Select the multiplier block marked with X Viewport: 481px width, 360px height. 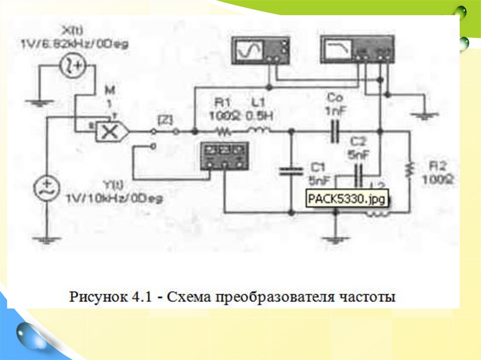pos(110,132)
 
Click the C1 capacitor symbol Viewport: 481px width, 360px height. pos(291,170)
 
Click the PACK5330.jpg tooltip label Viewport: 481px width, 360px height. pos(347,199)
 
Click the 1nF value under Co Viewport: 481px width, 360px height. pos(334,112)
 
